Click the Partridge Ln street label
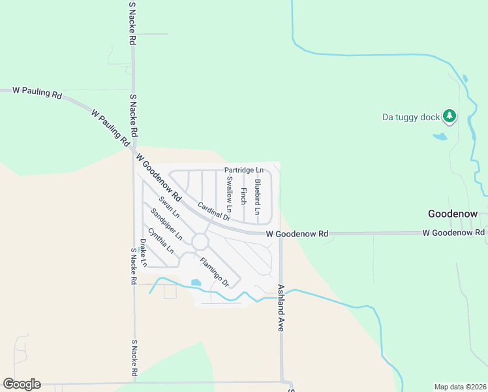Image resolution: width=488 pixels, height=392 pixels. click(x=243, y=171)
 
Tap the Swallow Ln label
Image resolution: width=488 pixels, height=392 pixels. click(x=229, y=191)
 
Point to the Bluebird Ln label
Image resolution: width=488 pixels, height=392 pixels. click(x=258, y=197)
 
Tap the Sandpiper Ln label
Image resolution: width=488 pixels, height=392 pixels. click(x=166, y=223)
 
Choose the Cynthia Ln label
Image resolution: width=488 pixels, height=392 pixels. click(x=160, y=240)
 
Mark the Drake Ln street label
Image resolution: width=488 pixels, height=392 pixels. click(x=143, y=253)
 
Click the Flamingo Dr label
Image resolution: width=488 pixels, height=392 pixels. click(x=215, y=272)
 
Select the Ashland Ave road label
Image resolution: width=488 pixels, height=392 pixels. click(x=281, y=307)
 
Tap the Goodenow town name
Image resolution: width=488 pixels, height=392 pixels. click(x=453, y=214)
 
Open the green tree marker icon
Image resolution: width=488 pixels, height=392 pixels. click(x=450, y=116)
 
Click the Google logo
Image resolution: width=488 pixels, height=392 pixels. click(x=22, y=384)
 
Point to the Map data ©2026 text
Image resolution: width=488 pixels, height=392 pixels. click(x=460, y=387)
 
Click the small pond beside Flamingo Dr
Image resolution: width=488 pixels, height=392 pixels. click(x=196, y=283)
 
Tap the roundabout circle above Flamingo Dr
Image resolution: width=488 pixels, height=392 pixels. click(x=200, y=242)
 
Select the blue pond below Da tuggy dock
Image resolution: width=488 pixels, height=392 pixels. click(x=440, y=137)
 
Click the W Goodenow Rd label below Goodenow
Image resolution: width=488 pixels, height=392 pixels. click(x=453, y=233)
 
